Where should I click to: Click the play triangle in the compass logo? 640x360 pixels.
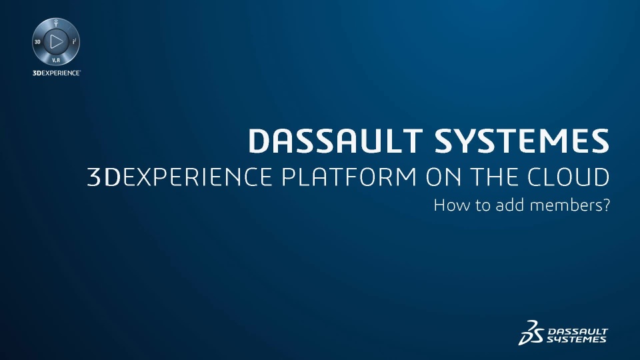click(x=56, y=41)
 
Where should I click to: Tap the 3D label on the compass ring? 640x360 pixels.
click(x=37, y=42)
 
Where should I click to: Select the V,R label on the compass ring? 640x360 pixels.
click(x=56, y=61)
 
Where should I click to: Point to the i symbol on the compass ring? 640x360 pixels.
click(x=74, y=41)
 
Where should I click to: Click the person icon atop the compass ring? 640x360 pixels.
click(x=56, y=23)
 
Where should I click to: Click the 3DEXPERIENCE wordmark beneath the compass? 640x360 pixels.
click(x=57, y=73)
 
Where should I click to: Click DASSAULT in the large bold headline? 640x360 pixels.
click(x=335, y=141)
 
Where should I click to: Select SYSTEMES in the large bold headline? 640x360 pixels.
click(x=521, y=141)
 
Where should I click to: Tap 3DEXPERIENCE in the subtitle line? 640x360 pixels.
click(x=179, y=177)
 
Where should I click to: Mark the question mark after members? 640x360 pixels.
click(x=605, y=205)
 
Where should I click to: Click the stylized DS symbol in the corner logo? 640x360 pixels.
click(x=531, y=333)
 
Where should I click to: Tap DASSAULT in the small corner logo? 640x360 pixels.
click(x=577, y=331)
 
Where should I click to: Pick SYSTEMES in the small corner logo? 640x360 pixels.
click(x=576, y=339)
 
